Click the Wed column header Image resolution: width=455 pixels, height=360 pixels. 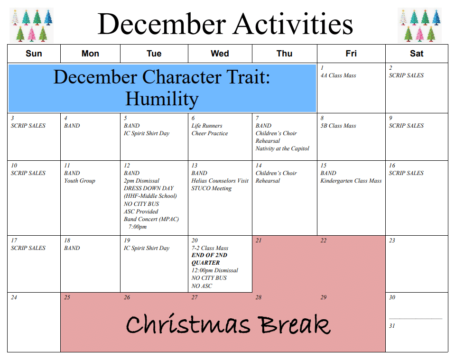tap(220, 54)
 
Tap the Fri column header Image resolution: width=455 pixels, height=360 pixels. tap(351, 54)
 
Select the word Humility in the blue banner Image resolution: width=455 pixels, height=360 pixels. tap(162, 99)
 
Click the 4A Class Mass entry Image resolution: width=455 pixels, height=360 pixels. tap(338, 75)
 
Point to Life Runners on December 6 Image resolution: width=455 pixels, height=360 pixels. tap(206, 126)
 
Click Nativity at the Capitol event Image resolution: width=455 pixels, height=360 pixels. tap(282, 148)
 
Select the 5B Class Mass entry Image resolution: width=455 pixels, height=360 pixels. tap(338, 126)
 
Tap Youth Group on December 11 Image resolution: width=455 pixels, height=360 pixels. tap(80, 181)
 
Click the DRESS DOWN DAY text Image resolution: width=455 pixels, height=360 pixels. tap(149, 188)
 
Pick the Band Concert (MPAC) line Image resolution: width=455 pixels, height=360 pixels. tap(151, 219)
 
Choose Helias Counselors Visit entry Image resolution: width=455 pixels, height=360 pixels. tap(220, 181)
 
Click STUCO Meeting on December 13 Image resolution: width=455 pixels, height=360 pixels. tap(211, 188)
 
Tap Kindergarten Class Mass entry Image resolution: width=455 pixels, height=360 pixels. tap(351, 181)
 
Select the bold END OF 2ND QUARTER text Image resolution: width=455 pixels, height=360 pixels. tap(209, 259)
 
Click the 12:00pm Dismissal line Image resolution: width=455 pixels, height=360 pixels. tap(214, 270)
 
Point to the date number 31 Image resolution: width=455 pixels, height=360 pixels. tap(392, 326)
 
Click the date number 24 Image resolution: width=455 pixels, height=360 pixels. tap(14, 297)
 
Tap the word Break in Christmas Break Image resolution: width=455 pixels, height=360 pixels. tap(294, 324)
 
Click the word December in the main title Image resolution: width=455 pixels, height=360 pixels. tap(162, 24)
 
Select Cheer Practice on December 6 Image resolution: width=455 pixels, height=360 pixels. tap(210, 133)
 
